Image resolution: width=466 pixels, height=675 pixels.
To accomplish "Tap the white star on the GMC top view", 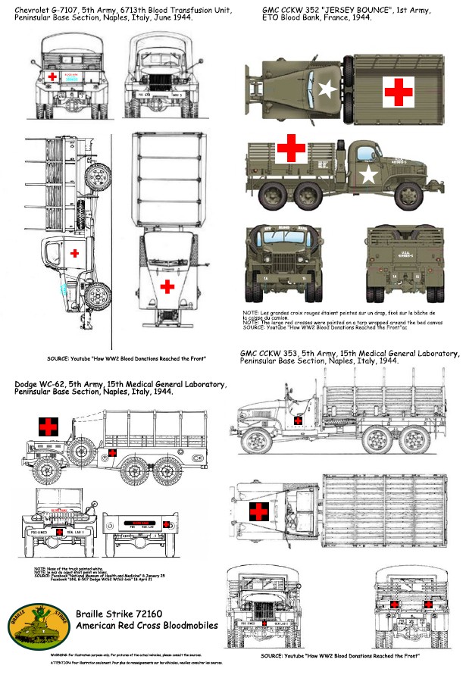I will tap(327, 90).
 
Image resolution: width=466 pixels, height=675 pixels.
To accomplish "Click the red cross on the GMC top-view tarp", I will tap(398, 90).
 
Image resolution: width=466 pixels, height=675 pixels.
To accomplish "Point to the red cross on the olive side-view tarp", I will tap(290, 148).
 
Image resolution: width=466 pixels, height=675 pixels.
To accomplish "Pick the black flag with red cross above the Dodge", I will tap(48, 426).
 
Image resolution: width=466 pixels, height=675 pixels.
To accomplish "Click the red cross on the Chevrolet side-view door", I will tap(74, 253).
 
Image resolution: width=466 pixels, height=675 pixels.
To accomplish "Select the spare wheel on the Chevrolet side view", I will tap(96, 179).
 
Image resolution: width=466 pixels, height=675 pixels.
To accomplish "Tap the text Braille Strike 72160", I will tap(125, 614).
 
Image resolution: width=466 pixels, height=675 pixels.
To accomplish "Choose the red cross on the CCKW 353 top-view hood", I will tap(258, 512).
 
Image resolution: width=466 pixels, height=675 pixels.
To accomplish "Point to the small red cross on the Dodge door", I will tap(112, 452).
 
